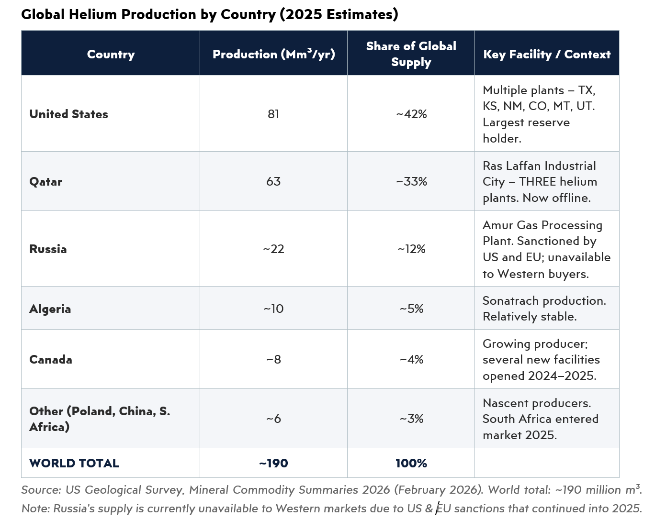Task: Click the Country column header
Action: tap(111, 54)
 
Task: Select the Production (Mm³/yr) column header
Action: tap(273, 54)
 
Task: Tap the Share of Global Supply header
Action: tap(411, 54)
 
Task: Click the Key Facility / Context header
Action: tap(547, 54)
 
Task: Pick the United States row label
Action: tap(68, 114)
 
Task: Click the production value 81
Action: tap(273, 114)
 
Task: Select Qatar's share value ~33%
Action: tap(411, 181)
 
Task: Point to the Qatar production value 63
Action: tap(273, 181)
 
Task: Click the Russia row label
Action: tap(48, 249)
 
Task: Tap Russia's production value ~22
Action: tap(273, 249)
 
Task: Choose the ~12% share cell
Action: tap(411, 249)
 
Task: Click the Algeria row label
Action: tap(50, 309)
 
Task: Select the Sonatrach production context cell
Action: tap(544, 309)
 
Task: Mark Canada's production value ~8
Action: tap(273, 359)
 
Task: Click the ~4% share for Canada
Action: tap(411, 359)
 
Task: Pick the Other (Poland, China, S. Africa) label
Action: tap(100, 419)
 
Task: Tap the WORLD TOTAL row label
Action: tap(74, 463)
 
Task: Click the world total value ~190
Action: tap(273, 463)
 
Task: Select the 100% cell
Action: tap(411, 463)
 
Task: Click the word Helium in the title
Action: tap(93, 14)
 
